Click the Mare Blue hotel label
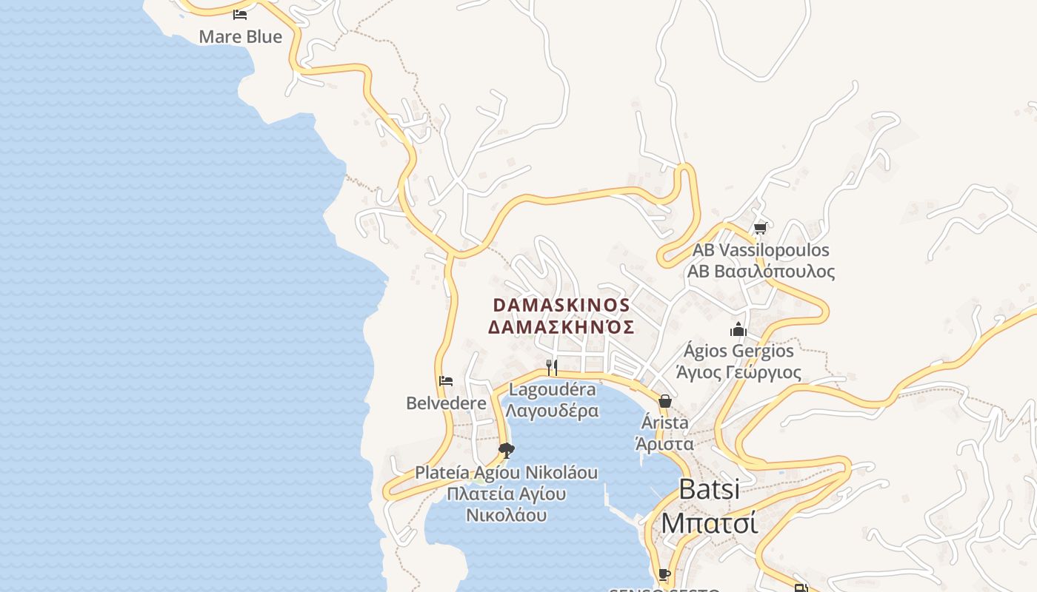[x=240, y=36]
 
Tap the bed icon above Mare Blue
[x=240, y=14]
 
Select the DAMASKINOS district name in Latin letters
[x=561, y=305]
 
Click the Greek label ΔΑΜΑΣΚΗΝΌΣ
[x=561, y=326]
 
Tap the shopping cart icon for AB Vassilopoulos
[x=760, y=229]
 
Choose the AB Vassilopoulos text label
[x=761, y=250]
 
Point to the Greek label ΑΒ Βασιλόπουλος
[x=761, y=272]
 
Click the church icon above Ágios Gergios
[x=738, y=329]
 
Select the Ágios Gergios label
[x=738, y=350]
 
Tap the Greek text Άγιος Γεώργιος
[x=738, y=371]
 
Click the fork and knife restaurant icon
[x=552, y=367]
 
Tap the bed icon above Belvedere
[x=446, y=381]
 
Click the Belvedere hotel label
[x=446, y=403]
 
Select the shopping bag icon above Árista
[x=664, y=401]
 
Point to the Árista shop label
[x=664, y=423]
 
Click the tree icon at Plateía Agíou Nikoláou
[x=507, y=450]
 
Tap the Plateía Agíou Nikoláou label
[x=506, y=472]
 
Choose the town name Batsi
[x=709, y=489]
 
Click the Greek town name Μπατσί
[x=709, y=522]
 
